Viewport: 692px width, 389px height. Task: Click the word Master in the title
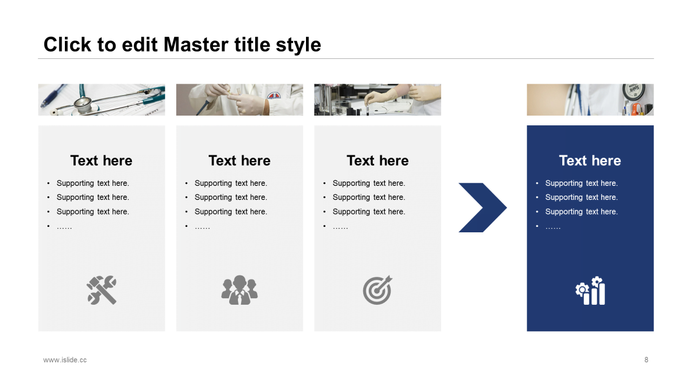196,44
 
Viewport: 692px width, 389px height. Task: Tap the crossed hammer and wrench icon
102,290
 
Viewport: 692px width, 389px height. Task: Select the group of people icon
239,290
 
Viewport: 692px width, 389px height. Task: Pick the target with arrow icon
377,290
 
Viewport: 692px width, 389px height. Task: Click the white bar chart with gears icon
590,291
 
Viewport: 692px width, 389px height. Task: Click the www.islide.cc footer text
65,360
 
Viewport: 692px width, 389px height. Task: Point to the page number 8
646,360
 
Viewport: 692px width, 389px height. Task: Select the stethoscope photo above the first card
102,100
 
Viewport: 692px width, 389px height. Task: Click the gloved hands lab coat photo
239,100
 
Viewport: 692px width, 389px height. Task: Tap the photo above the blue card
590,100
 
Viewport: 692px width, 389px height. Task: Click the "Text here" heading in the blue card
590,160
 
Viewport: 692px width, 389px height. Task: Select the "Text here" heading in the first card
101,160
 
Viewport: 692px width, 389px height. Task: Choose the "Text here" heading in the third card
377,160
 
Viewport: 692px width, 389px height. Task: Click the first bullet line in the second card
231,183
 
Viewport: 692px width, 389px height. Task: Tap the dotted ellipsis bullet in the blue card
553,227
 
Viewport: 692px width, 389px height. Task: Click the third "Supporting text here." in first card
92,212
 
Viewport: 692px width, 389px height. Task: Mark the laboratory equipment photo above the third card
377,100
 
